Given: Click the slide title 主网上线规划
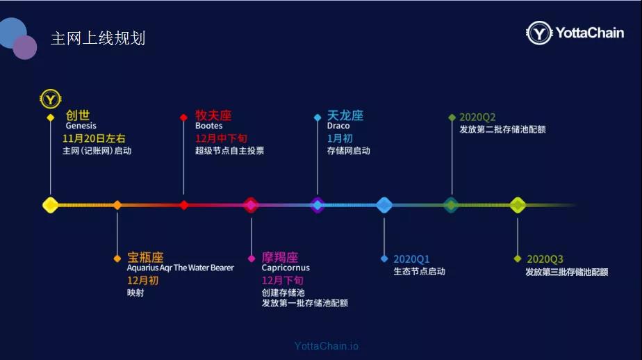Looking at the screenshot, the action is pos(98,38).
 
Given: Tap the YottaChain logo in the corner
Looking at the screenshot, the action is pos(575,33).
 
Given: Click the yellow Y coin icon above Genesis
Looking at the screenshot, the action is pos(50,99).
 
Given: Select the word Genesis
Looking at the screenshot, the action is pos(81,126).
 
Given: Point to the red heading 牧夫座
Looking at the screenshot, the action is pos(213,115).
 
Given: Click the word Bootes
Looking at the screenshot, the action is pos(209,126).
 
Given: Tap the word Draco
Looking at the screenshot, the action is pos(338,126).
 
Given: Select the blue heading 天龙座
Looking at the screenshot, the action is pos(345,115).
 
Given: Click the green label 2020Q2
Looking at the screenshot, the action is pos(477,117).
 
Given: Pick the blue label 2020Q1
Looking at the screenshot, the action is pos(411,259).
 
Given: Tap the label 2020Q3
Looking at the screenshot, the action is pos(545,259).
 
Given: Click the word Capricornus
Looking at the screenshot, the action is pos(286,268).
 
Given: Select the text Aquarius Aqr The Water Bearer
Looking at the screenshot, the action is pos(180,268).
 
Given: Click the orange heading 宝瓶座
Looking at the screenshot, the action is pos(145,257).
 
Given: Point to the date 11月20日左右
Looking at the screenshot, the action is pos(94,138).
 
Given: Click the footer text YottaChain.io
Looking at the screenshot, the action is pos(327,346).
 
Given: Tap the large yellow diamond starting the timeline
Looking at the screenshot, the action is pos(50,205).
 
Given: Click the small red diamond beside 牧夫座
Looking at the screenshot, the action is pos(183,117).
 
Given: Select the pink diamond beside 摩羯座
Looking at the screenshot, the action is pos(252,259).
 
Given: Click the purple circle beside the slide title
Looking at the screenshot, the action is pos(25,47).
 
